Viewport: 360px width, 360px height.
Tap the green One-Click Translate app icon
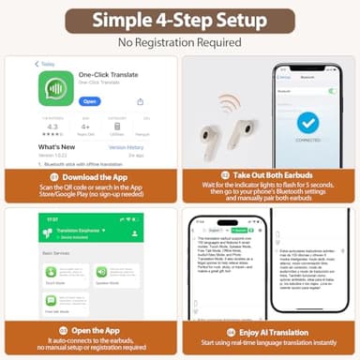click(x=53, y=87)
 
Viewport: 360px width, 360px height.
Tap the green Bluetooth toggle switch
click(x=331, y=91)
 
